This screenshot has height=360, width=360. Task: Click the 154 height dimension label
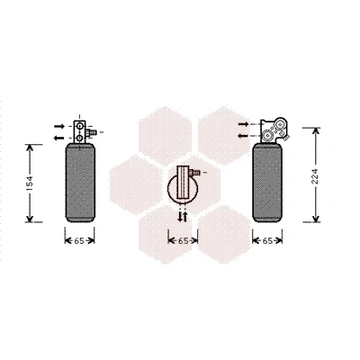click(30, 184)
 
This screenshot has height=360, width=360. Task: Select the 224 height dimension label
click(315, 177)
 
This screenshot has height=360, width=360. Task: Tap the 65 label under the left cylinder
click(79, 240)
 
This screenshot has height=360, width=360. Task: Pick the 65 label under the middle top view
click(183, 240)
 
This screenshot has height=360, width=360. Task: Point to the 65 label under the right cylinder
click(267, 240)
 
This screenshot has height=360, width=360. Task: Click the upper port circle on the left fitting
click(79, 126)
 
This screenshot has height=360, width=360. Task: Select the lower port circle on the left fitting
click(79, 138)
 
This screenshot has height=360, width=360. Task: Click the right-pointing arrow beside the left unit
click(59, 126)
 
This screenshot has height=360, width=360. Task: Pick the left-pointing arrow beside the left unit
click(59, 138)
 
